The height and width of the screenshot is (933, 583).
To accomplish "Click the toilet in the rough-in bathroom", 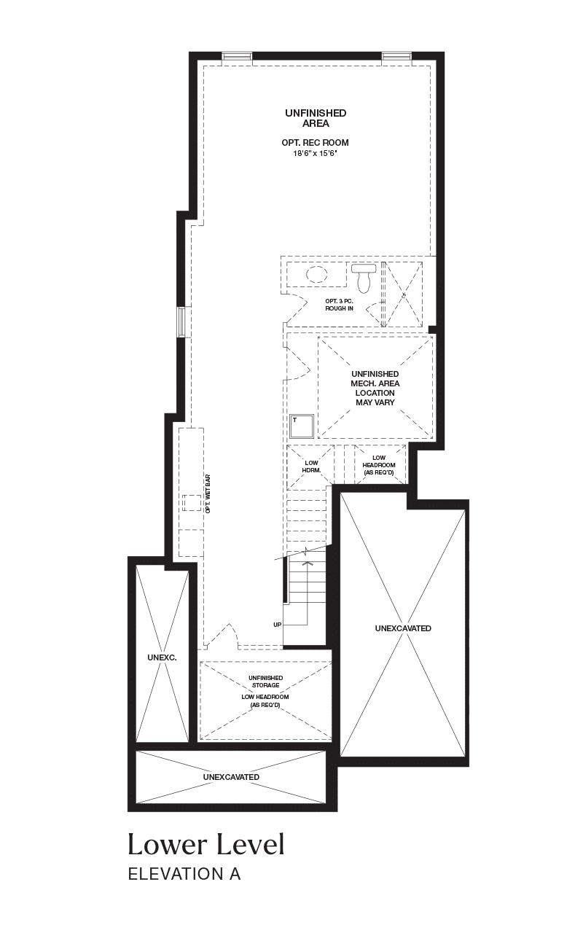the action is click(364, 277).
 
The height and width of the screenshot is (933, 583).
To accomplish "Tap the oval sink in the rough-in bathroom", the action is click(317, 275).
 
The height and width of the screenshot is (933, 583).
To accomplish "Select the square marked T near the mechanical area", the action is click(302, 426).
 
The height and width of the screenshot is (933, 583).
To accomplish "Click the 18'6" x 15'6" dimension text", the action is click(316, 154).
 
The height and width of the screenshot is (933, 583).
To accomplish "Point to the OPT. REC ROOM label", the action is click(316, 142).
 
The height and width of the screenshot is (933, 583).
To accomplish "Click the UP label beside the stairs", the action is click(278, 625).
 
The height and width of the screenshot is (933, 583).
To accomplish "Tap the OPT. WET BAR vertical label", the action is click(208, 493).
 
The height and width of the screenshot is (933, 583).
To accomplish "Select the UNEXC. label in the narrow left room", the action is click(162, 657).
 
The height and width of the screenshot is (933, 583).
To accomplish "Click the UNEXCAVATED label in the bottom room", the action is click(231, 777).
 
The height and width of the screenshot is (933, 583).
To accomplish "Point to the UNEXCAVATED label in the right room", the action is click(403, 628).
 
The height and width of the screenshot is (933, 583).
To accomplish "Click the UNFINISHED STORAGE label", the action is click(266, 682).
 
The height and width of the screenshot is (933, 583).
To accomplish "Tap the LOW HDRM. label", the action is click(311, 466).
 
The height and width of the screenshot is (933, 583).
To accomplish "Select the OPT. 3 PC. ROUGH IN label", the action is click(340, 305).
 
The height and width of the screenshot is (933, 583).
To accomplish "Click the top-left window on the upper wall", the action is click(237, 56).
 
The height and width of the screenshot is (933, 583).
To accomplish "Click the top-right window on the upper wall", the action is click(397, 56).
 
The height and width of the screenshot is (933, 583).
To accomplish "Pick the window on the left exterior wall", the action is click(181, 321).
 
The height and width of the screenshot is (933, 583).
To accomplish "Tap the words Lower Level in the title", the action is click(206, 845).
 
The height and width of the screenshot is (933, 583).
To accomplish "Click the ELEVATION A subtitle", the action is click(184, 874).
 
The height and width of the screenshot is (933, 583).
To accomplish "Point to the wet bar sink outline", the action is click(192, 503).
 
